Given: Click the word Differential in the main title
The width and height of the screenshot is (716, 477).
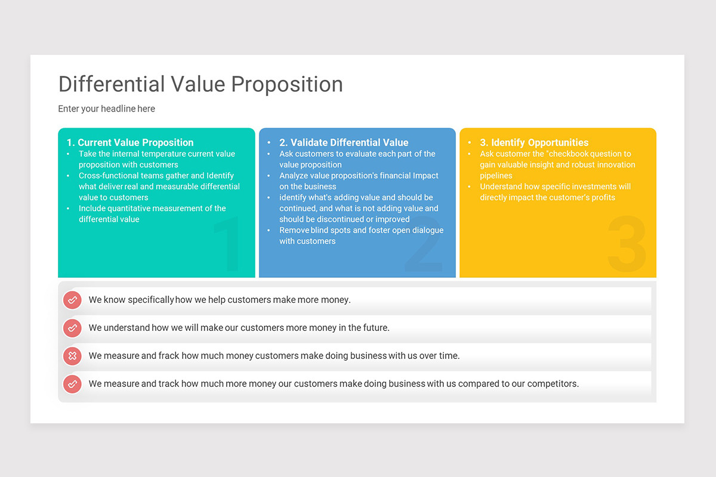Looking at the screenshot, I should [112, 84].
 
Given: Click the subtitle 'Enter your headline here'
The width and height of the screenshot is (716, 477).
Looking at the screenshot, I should [106, 109].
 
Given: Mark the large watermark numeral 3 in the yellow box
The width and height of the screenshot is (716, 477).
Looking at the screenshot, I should [626, 244].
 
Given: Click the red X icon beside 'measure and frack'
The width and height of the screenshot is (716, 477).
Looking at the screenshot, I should [72, 356].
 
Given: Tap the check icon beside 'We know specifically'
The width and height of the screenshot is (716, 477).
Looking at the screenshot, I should [72, 300].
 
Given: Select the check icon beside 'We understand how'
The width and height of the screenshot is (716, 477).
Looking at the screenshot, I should [72, 328].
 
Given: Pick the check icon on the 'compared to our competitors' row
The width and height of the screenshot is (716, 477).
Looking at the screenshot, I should [72, 384].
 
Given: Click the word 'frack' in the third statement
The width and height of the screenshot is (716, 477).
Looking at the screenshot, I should [169, 356].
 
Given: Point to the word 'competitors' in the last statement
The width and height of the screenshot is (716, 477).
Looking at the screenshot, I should [553, 384].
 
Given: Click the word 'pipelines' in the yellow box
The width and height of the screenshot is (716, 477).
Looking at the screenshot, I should [496, 176].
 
